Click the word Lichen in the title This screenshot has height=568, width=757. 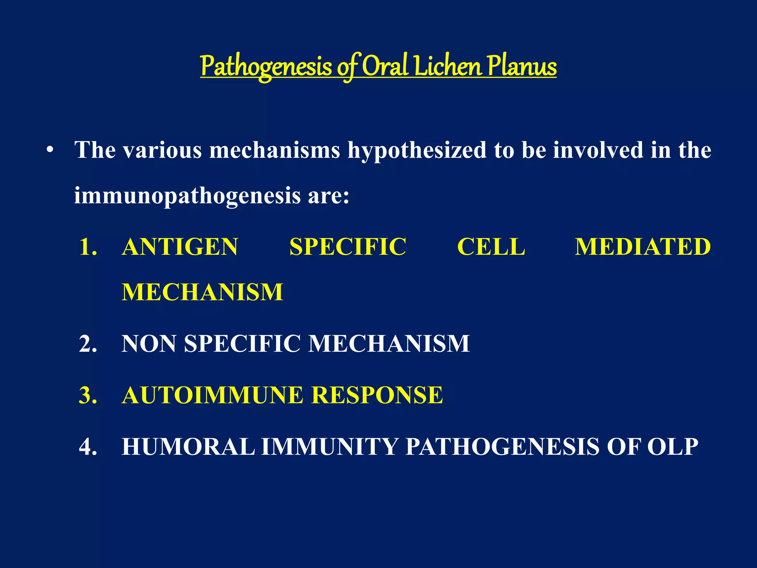tap(448, 67)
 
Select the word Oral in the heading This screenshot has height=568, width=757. tap(385, 67)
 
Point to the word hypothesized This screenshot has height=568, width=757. tap(417, 151)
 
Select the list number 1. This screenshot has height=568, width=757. tap(88, 247)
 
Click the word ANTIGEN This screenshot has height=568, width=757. tap(180, 247)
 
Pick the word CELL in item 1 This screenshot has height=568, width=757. tap(491, 247)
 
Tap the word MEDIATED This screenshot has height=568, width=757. tap(642, 247)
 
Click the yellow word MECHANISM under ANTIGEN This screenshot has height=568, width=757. tap(202, 292)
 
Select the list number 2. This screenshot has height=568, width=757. tap(88, 344)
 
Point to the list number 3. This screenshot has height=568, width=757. tap(88, 395)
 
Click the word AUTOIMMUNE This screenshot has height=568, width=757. tap(212, 395)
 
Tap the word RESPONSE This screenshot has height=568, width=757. tap(377, 395)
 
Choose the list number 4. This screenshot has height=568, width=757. tap(88, 446)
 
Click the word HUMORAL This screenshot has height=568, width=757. tap(188, 446)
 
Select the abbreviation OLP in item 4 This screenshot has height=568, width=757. tap(672, 446)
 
